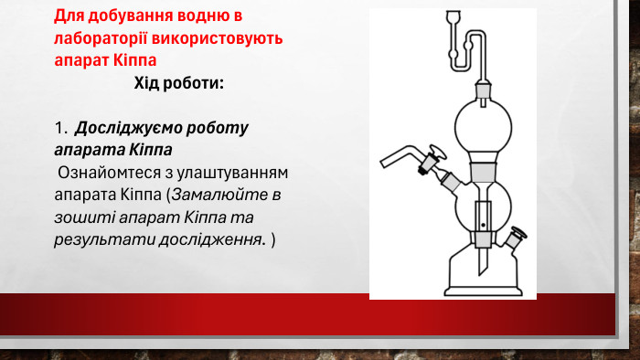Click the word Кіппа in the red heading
tap(137, 59)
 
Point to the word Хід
tap(150, 84)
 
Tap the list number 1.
tap(59, 127)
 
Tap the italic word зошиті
tap(80, 217)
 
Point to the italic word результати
tap(97, 240)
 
